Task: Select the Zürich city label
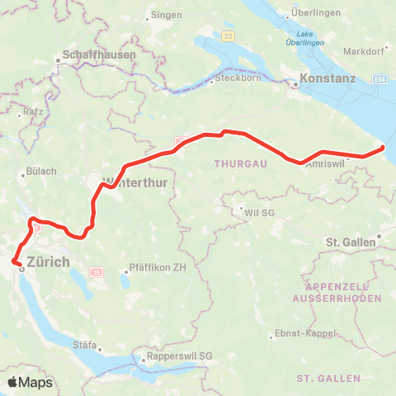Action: (49, 262)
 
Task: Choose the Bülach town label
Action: (41, 172)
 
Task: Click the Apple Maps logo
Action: (29, 382)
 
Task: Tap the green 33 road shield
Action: (227, 36)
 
